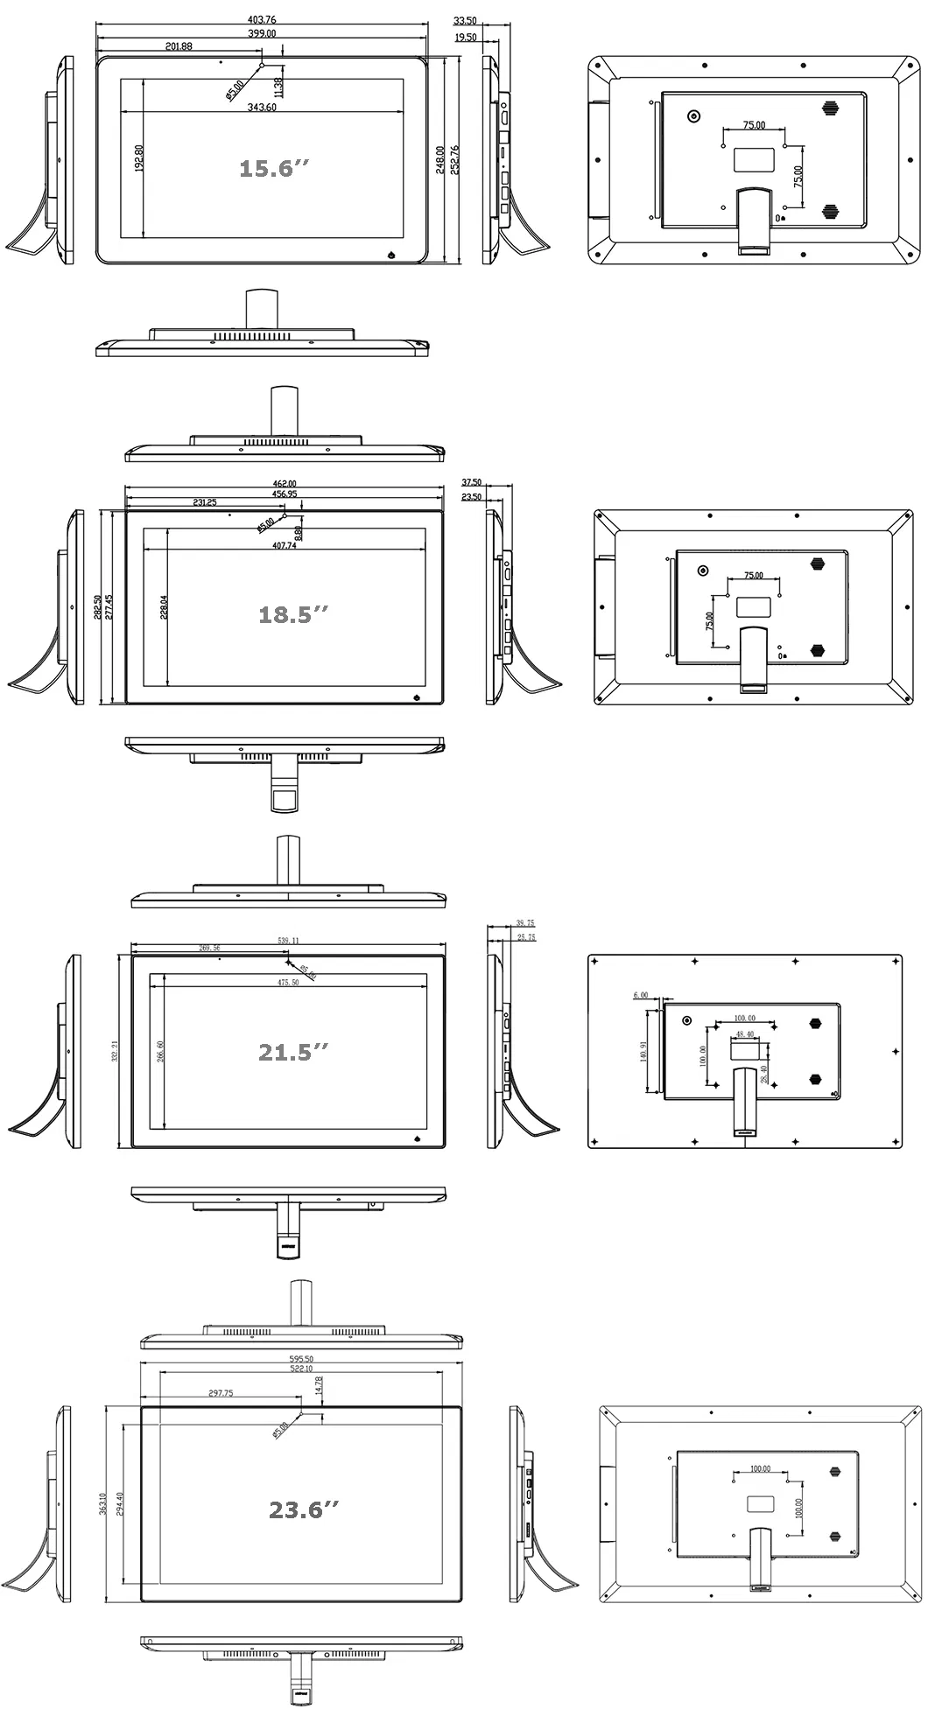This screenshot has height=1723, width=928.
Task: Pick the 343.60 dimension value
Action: coord(262,108)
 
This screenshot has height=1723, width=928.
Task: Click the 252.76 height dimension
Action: coord(455,160)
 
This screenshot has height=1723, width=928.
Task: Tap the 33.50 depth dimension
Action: coord(465,20)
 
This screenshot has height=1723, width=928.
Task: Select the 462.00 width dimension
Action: coord(285,484)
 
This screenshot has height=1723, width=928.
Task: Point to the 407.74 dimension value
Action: coord(285,545)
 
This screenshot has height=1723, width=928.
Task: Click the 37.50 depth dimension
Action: coord(471,482)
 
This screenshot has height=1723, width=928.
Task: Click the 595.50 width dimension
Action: coord(302,1360)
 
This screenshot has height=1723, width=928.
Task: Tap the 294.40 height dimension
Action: coord(120,1503)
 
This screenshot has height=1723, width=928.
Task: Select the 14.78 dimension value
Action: coord(319,1383)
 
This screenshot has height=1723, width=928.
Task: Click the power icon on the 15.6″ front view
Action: coord(391,256)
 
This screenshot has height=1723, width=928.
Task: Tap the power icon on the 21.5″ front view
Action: coord(417,1138)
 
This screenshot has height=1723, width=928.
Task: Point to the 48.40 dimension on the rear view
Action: coord(744,1033)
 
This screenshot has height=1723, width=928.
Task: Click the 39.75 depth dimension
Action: coord(525,923)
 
